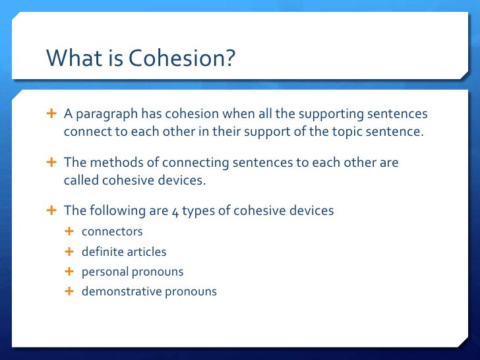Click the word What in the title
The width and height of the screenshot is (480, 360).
tap(69, 59)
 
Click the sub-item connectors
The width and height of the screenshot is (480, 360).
tap(112, 232)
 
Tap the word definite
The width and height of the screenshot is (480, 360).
tap(102, 252)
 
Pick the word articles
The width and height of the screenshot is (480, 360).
tap(146, 252)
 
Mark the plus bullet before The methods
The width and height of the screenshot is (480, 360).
tap(51, 162)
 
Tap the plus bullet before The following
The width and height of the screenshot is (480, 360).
tap(51, 210)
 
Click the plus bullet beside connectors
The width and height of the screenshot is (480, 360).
tap(70, 232)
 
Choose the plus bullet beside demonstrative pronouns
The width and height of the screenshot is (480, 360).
tap(70, 291)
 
